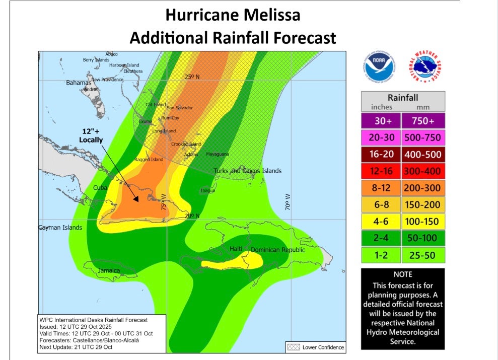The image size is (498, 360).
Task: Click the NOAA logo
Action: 379,67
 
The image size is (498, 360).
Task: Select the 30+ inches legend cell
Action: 381,121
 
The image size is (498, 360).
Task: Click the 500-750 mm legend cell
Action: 423,137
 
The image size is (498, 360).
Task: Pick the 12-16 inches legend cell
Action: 381,171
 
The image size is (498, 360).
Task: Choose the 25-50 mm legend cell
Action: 423,255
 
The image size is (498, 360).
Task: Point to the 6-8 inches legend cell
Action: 381,204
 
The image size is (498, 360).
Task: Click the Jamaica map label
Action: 109,271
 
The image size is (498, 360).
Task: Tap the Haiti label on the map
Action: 236,249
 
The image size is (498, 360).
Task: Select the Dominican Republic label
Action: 278,250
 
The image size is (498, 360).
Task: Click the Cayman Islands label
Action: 60,228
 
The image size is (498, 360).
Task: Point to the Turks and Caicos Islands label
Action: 247,171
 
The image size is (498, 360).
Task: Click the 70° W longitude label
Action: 288,202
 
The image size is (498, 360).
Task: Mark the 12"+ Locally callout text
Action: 92,135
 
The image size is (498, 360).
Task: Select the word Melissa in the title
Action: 268,15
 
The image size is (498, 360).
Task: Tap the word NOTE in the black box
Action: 402,275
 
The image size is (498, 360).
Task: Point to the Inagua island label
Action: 207,190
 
